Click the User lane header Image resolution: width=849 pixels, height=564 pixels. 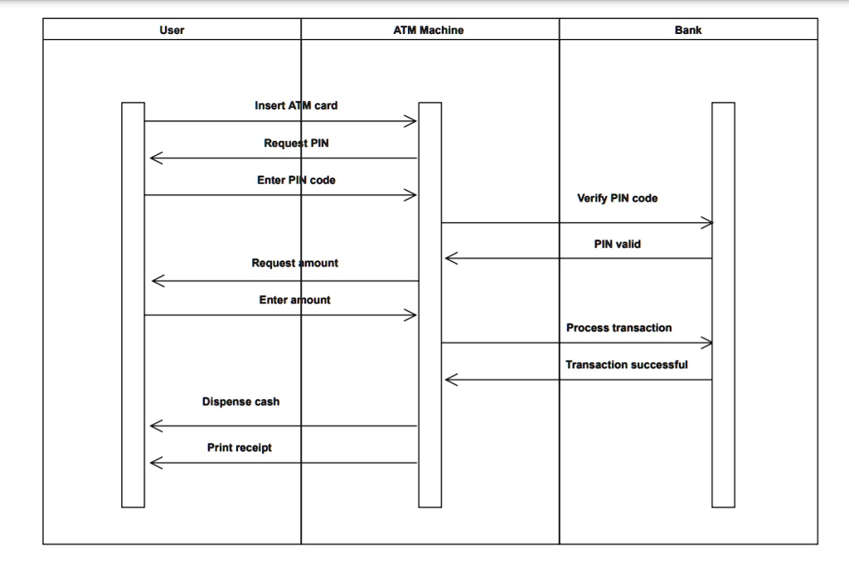click(x=172, y=30)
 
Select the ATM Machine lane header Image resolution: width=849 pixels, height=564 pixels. click(x=428, y=30)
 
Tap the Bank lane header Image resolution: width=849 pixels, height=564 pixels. click(x=687, y=30)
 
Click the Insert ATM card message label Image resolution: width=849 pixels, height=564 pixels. click(x=296, y=105)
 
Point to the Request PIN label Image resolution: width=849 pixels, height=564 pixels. click(x=296, y=143)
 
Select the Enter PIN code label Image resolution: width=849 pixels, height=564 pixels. click(x=296, y=180)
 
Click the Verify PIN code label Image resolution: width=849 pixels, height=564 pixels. click(x=617, y=198)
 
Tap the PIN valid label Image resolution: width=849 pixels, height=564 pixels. click(x=617, y=244)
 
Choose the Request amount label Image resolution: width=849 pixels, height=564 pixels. click(x=294, y=263)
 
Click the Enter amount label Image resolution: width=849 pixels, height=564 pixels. click(x=294, y=299)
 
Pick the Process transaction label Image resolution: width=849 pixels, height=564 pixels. click(x=619, y=328)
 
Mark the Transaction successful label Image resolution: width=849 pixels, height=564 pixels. click(x=626, y=365)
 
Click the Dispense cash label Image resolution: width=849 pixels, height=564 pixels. click(x=240, y=401)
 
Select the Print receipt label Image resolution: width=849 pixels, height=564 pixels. click(x=239, y=448)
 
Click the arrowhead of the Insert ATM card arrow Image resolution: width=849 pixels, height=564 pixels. click(x=411, y=122)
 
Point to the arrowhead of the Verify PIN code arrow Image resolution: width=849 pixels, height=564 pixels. click(x=706, y=222)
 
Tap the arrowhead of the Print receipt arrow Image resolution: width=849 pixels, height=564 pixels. click(x=155, y=463)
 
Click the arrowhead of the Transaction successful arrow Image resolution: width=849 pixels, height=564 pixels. click(x=450, y=380)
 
